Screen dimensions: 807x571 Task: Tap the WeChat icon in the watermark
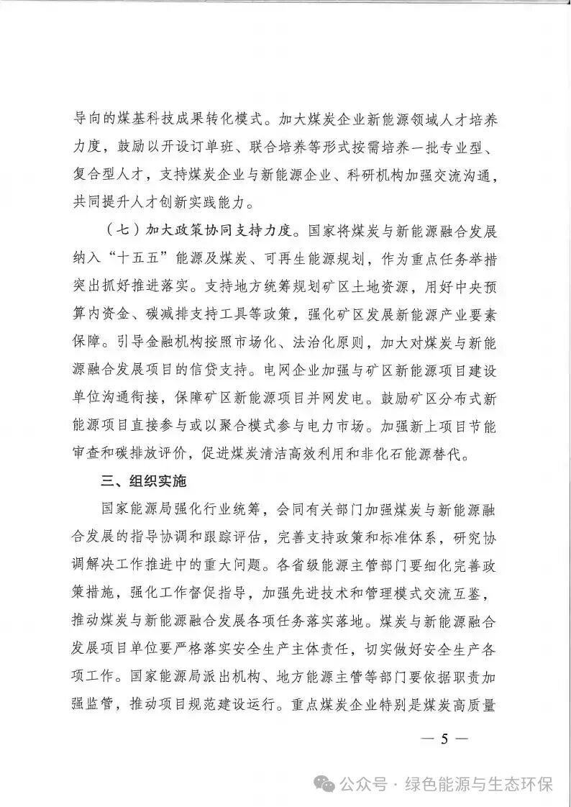[x=327, y=783]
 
